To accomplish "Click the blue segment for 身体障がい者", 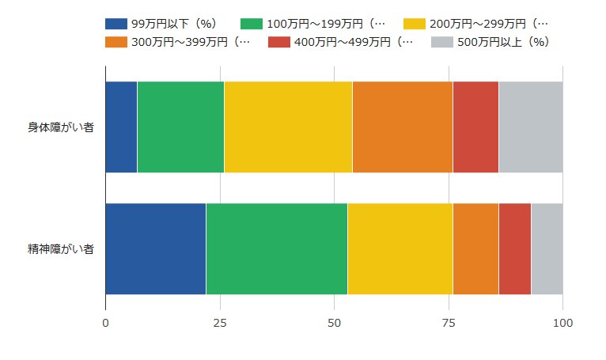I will [x=121, y=127].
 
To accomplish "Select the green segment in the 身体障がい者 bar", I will [x=180, y=127].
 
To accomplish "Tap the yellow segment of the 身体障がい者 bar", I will [x=288, y=127].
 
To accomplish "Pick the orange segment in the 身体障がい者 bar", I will [x=402, y=127].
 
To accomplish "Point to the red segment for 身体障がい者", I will [x=475, y=127].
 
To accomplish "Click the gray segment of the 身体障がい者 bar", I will [x=530, y=127].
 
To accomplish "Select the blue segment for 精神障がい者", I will [x=156, y=248].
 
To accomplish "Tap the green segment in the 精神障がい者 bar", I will [x=277, y=248].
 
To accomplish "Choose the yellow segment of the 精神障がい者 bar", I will [x=400, y=248].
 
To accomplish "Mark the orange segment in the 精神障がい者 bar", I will [x=475, y=248].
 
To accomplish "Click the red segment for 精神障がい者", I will [x=514, y=248].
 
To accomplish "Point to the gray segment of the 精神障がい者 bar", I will [x=547, y=248].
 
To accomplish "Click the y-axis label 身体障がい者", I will [x=61, y=127].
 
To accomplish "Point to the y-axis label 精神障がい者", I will [x=61, y=249].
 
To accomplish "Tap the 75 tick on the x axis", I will [x=449, y=323].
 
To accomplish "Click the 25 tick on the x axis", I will [x=220, y=323].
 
